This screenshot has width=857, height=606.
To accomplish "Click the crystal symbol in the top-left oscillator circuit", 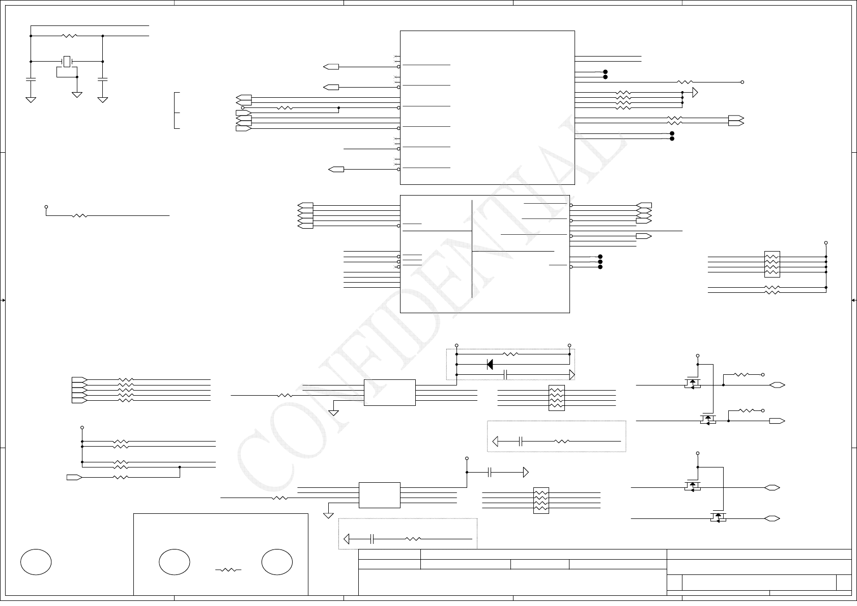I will point(66,62).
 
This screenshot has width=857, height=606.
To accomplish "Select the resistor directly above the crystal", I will point(69,36).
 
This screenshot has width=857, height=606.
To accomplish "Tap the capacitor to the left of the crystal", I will point(31,79).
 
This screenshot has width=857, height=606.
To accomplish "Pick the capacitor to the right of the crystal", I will point(103,79).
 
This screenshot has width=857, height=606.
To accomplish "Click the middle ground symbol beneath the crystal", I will point(77,94).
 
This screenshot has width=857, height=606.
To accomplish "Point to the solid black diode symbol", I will point(490,364).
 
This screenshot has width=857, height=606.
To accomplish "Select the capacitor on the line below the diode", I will point(506,375).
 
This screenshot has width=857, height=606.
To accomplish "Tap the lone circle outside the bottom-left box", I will point(36,562).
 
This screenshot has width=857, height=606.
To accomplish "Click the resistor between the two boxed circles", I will point(228,570).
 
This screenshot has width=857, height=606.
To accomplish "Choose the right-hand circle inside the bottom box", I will point(277,562).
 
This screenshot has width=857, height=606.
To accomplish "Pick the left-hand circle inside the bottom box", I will point(175,562).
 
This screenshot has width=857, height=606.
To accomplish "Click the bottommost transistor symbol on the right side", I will point(718,517).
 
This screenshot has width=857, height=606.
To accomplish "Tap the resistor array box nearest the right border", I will point(772,264).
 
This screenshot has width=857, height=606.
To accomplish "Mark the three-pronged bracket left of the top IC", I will point(177,111).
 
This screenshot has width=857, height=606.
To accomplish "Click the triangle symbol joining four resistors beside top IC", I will point(695,93).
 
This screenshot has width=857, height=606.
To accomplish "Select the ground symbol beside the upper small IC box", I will point(333,412).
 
